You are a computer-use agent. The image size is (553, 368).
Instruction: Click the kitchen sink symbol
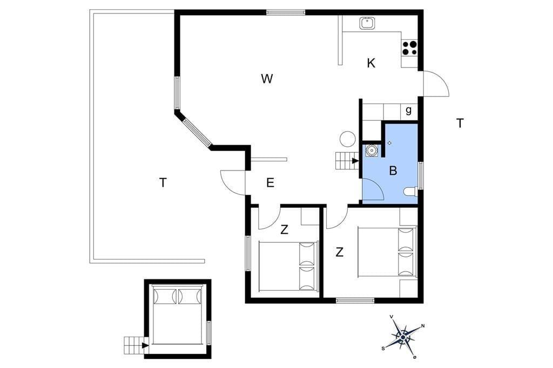[367, 24]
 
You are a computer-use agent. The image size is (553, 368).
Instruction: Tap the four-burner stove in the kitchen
[410, 48]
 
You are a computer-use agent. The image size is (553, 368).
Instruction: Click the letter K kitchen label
[371, 64]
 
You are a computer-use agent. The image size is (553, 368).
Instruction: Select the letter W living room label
[267, 79]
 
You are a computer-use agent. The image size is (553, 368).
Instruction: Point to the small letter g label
[409, 110]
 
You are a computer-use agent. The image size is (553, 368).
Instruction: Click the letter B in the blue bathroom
[393, 171]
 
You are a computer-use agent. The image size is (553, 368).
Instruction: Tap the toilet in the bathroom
[410, 192]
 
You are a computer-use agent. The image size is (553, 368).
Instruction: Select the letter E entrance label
[270, 183]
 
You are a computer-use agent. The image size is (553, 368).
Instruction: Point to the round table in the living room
[347, 139]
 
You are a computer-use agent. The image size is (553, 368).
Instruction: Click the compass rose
[403, 337]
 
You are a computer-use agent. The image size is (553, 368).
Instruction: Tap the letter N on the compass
[422, 326]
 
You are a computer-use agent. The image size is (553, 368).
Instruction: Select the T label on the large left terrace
[163, 183]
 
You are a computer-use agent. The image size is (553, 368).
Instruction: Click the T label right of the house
[460, 124]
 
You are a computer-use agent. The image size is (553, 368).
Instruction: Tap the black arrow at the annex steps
[145, 345]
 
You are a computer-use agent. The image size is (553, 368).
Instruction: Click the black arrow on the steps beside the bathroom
[355, 161]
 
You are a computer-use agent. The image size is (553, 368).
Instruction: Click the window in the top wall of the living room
[286, 12]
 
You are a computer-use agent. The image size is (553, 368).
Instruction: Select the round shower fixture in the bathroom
[371, 151]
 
